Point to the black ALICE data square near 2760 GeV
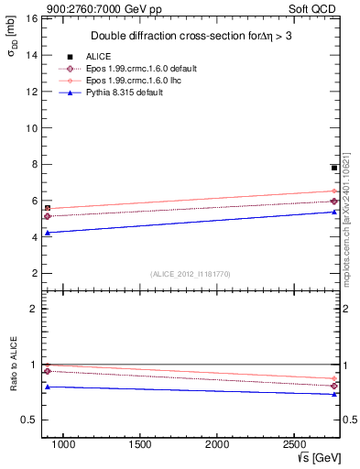[x=334, y=168]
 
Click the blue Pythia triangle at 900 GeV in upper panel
[x=48, y=233]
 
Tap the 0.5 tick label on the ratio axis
[x=28, y=420]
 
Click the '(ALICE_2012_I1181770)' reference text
[x=190, y=273]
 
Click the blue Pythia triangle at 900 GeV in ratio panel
[x=48, y=387]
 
